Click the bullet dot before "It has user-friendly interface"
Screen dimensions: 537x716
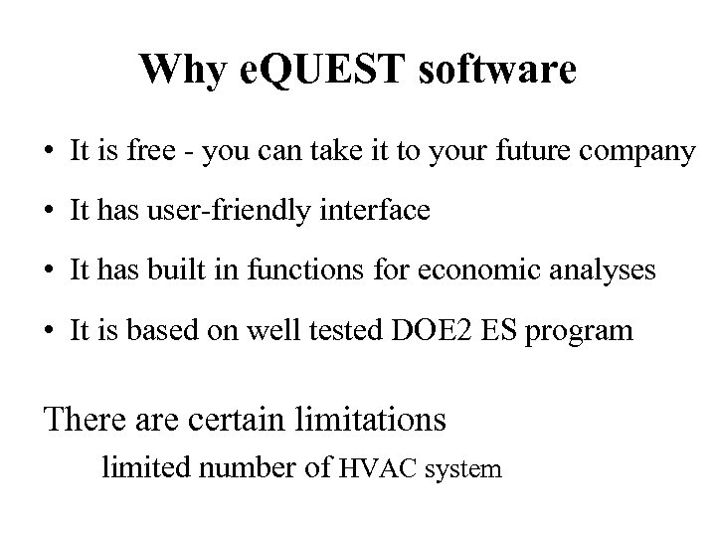pyautogui.click(x=49, y=212)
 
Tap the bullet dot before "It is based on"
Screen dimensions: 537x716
pyautogui.click(x=49, y=331)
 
